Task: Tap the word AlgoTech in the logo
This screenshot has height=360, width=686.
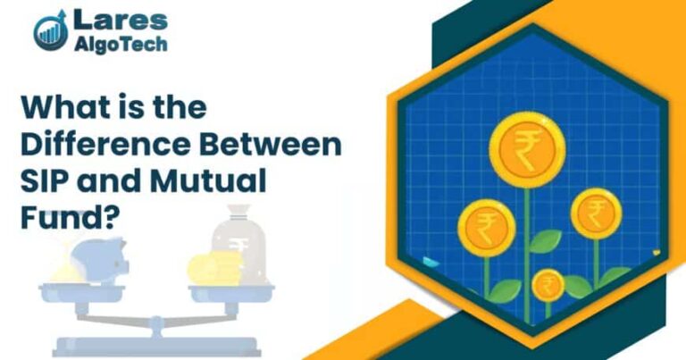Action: coord(121,44)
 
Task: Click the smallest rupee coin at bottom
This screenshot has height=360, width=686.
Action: coord(548,286)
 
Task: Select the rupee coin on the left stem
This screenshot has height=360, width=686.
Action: coord(486,225)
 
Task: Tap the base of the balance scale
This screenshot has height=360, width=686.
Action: coord(157,345)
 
